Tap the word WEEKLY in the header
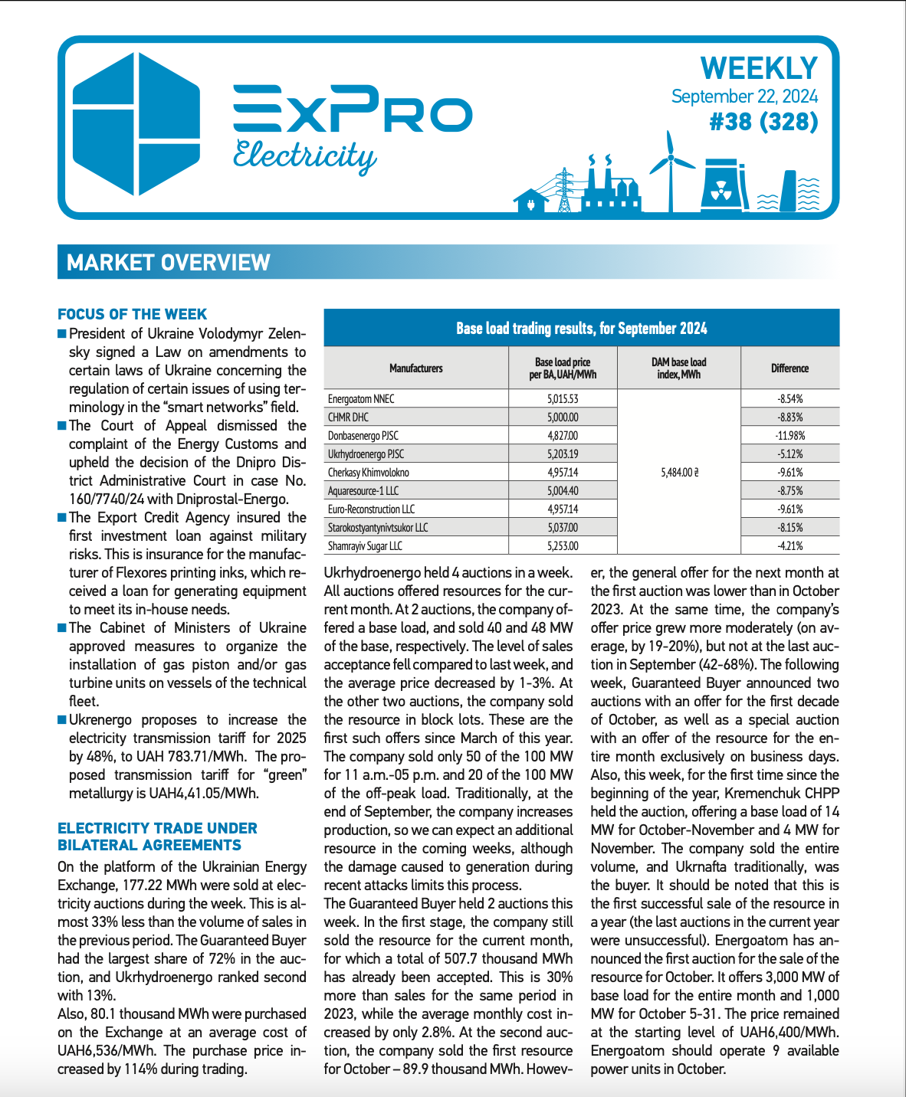tap(759, 68)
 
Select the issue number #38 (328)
tap(763, 122)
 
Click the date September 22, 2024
tap(744, 97)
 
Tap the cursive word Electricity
tap(304, 156)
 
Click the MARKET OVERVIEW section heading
tap(169, 263)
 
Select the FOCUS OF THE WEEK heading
tap(132, 314)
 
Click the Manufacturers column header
tap(415, 368)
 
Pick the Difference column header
tap(789, 368)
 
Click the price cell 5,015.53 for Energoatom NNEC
tap(563, 399)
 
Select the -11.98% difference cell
tap(789, 436)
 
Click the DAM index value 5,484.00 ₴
tap(679, 473)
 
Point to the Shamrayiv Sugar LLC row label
tap(365, 546)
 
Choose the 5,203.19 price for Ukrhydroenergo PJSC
tap(563, 454)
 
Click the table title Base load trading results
tap(581, 329)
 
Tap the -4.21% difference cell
tap(789, 546)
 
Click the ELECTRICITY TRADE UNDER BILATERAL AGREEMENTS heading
tap(157, 837)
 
